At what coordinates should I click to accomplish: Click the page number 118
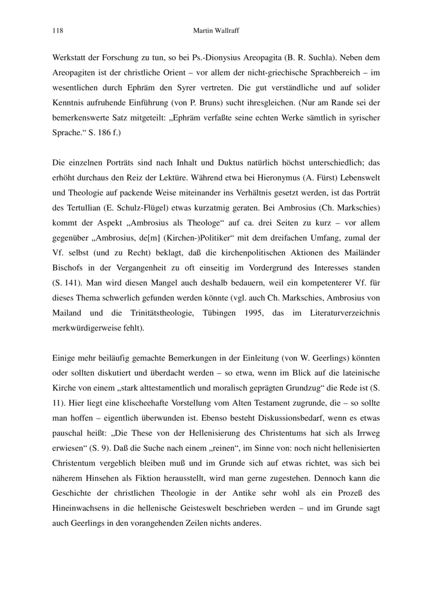(x=57, y=31)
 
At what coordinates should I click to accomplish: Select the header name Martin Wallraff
(x=216, y=31)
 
